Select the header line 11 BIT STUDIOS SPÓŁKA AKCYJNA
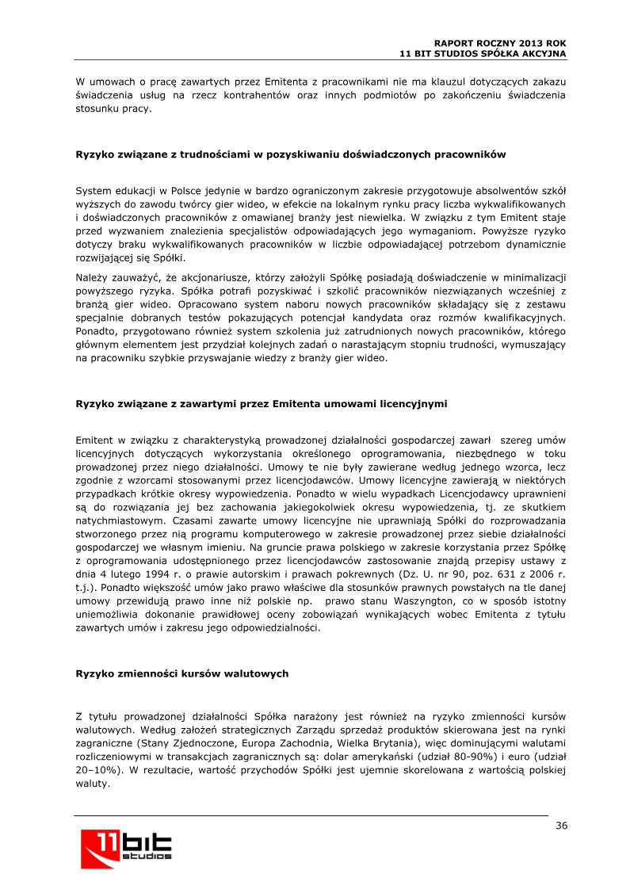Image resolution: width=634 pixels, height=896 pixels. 483,53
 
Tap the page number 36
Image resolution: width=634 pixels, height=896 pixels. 561,825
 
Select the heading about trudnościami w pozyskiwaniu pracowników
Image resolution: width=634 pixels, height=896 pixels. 290,154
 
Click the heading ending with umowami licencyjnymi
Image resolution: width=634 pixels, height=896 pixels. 261,404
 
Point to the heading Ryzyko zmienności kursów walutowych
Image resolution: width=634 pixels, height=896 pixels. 181,673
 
